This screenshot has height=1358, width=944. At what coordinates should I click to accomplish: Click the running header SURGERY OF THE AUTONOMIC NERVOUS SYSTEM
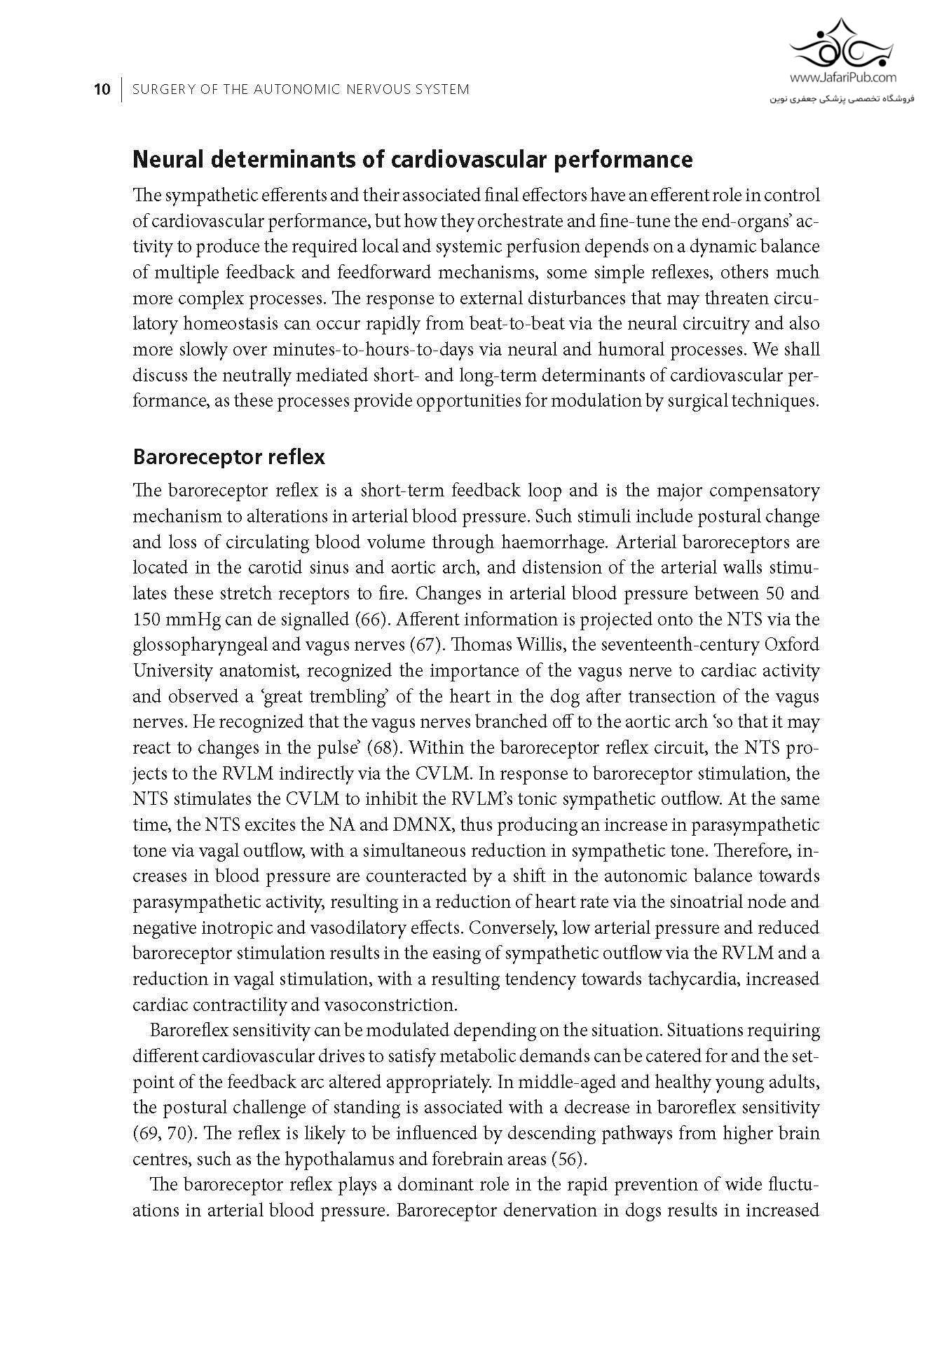(301, 90)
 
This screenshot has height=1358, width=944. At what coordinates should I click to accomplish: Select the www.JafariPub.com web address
(843, 79)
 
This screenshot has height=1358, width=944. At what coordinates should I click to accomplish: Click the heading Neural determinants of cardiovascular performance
(412, 160)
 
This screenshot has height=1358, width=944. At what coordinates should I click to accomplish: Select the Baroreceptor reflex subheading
(228, 457)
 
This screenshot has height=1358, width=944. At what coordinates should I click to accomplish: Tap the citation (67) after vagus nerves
(435, 645)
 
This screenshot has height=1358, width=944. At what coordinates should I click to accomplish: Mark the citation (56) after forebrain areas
(568, 1159)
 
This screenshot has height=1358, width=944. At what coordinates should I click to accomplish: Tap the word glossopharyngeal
(202, 645)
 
